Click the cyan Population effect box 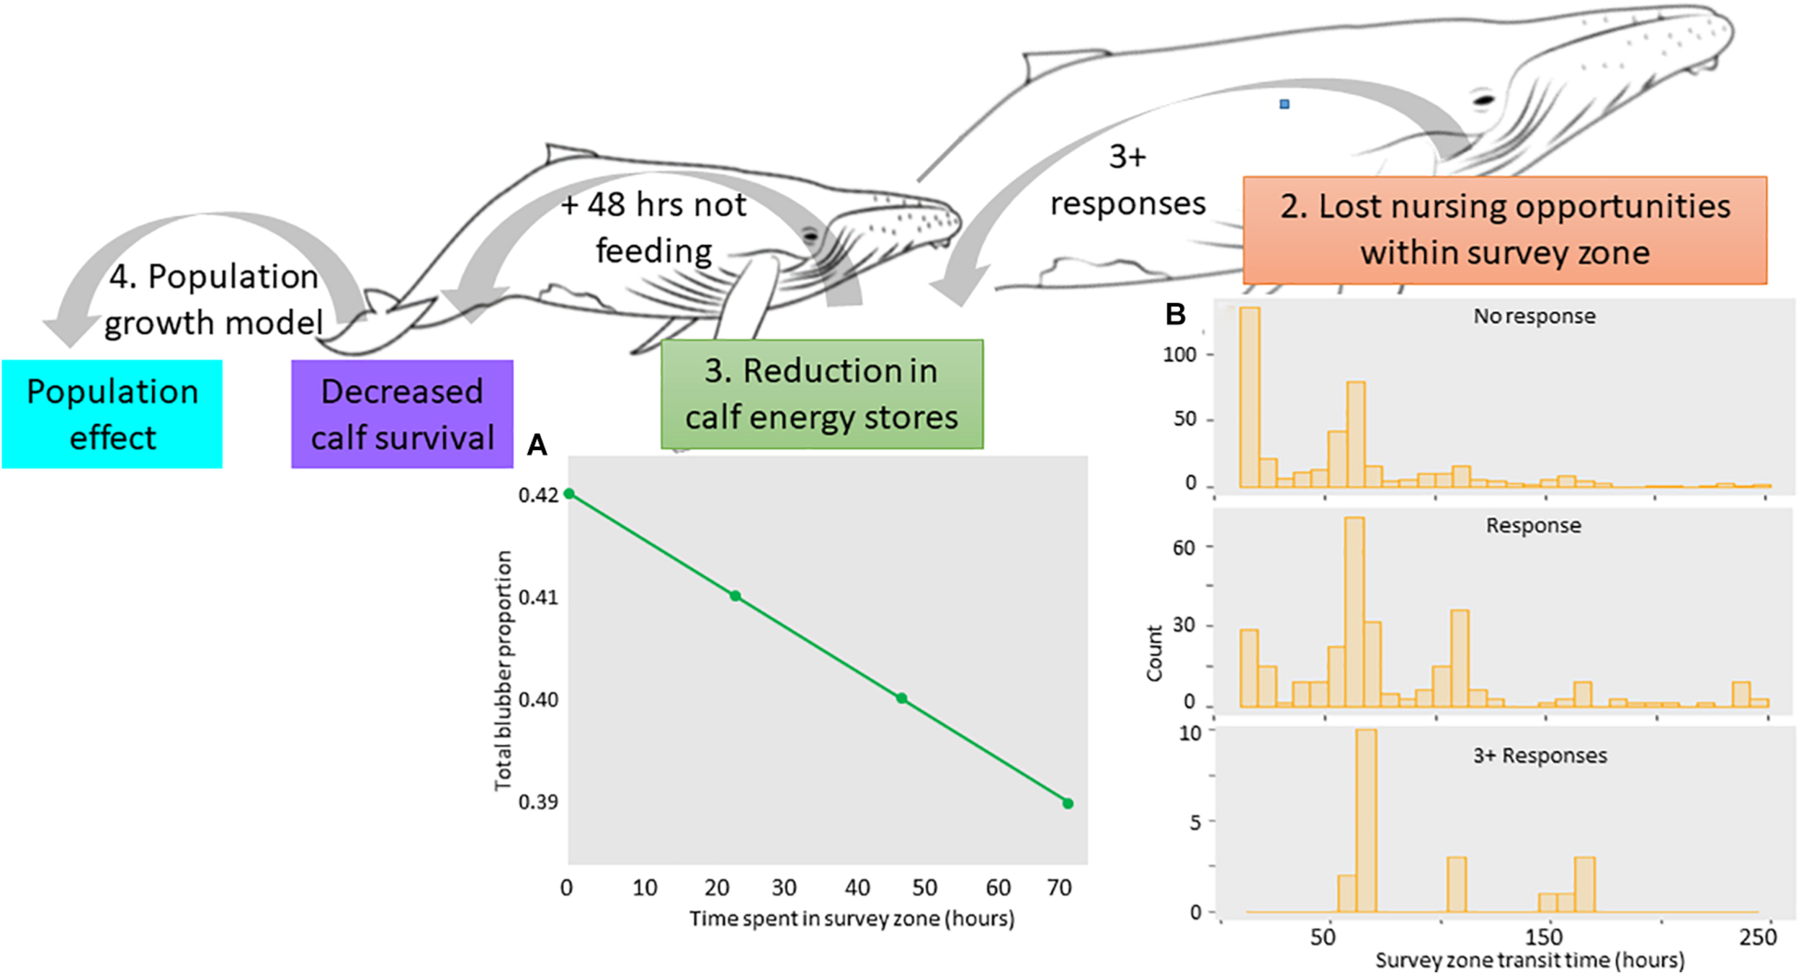tap(112, 414)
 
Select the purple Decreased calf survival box tap(402, 414)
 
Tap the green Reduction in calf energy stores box tap(821, 394)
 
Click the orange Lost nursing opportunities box tap(1504, 230)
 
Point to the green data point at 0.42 tap(569, 493)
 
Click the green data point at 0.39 tap(1068, 803)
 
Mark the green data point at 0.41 tap(735, 596)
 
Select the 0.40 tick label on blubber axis tap(538, 699)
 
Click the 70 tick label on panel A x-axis tap(1059, 887)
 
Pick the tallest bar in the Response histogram tap(1354, 612)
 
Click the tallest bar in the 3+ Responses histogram tap(1366, 821)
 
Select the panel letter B tap(1175, 315)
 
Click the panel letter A tap(537, 445)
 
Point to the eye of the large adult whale tap(1483, 99)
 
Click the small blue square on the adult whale tap(1284, 104)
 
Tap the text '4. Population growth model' tap(213, 300)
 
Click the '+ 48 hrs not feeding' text tap(653, 228)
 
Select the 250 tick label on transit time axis tap(1758, 936)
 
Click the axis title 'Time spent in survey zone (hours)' tap(852, 919)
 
